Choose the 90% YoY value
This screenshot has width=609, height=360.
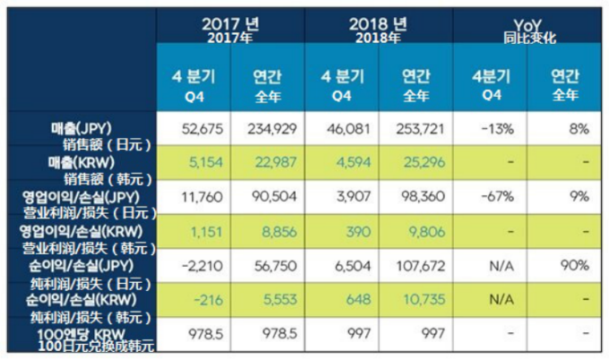coord(577,266)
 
